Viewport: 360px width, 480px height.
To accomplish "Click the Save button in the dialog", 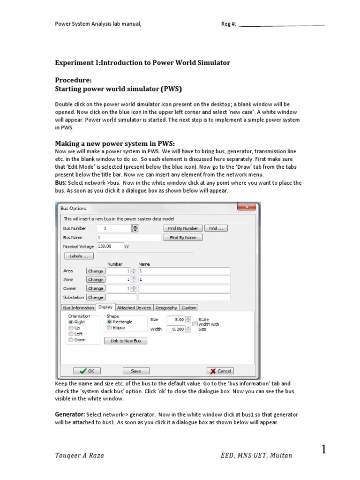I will tap(135, 371).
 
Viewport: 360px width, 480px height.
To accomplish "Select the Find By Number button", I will tap(183, 228).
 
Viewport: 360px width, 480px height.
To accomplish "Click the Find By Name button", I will tap(183, 238).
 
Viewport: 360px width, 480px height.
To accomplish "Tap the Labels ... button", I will tap(79, 256).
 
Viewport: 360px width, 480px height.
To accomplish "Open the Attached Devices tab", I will tap(134, 307).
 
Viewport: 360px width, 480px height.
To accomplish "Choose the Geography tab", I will tap(166, 307).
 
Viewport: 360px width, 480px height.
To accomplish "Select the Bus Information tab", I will tap(78, 307).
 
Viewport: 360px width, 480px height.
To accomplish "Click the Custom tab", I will tap(189, 307).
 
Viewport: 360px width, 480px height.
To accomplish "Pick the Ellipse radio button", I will tap(110, 328).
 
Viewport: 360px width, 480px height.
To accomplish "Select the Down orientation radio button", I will tap(71, 340).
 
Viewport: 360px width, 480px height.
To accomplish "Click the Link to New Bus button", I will tap(128, 341).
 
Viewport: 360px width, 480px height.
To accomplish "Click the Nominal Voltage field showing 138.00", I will tap(109, 246).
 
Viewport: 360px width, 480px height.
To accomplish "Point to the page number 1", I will tap(324, 450).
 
